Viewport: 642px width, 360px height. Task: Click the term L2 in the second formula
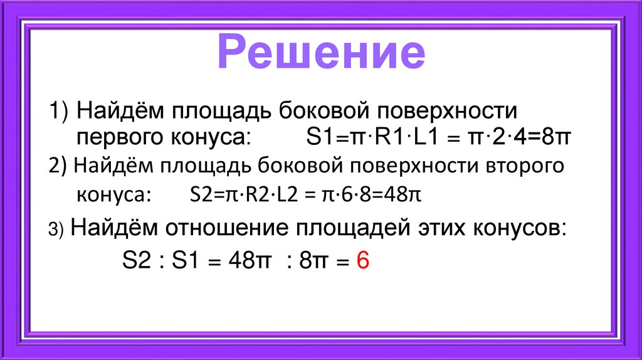288,195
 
